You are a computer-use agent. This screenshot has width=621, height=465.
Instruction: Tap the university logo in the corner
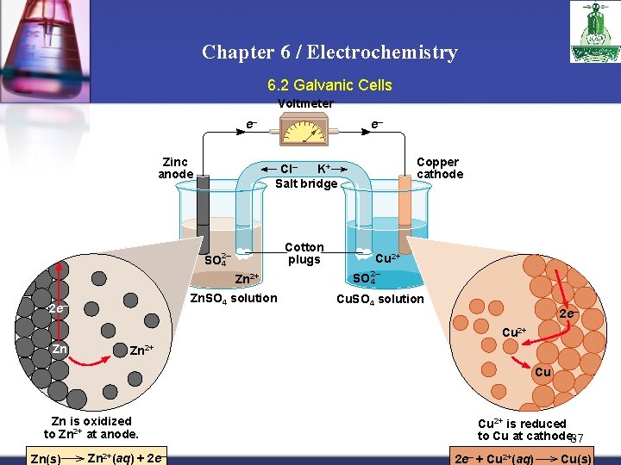[x=588, y=32]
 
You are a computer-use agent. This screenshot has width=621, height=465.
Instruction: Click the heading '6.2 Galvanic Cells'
[x=329, y=85]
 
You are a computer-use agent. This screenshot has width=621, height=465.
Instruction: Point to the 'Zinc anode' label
[x=176, y=168]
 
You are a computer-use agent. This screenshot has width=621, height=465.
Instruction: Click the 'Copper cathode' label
[x=439, y=168]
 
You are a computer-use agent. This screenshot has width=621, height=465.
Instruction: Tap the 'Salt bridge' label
[x=306, y=183]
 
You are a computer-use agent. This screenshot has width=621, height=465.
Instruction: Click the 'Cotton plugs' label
[x=304, y=253]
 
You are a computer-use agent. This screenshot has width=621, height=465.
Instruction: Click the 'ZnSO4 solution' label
[x=234, y=298]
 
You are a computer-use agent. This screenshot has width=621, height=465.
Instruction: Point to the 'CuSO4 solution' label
[x=379, y=299]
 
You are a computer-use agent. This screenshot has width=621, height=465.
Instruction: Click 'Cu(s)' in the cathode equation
[x=575, y=458]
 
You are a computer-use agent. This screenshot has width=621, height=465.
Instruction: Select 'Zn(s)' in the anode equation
[x=46, y=458]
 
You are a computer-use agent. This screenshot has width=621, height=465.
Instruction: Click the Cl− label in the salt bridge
[x=289, y=169]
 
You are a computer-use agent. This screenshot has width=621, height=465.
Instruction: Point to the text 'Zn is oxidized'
[x=91, y=421]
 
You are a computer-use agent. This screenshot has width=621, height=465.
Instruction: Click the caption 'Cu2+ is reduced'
[x=523, y=424]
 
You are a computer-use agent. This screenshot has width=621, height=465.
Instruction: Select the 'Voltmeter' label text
[x=305, y=103]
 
